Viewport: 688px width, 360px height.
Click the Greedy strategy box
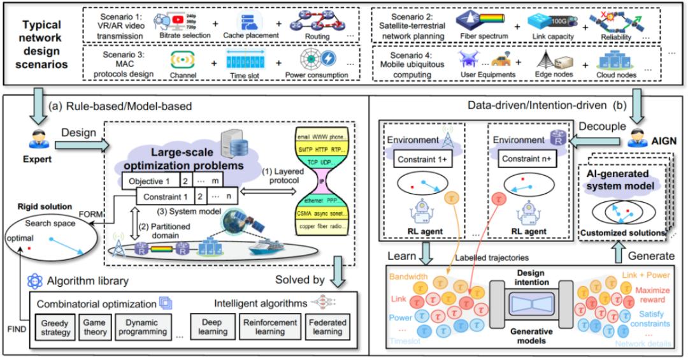click(54, 327)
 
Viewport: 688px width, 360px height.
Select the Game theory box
click(94, 327)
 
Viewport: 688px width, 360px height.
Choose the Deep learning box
click(213, 327)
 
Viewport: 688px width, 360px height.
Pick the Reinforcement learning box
click(271, 327)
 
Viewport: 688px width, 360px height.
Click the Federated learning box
click(329, 327)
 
